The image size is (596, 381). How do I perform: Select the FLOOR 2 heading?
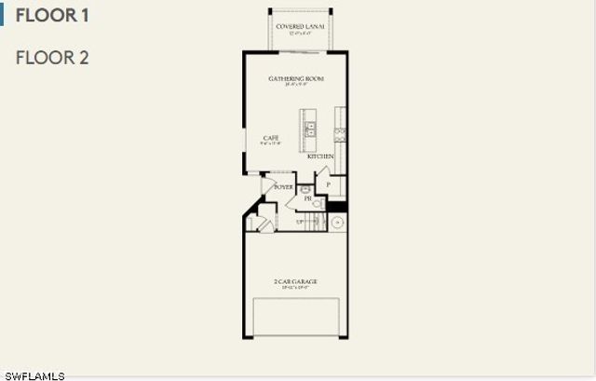point(52,58)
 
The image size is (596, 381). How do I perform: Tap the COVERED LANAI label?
point(301,27)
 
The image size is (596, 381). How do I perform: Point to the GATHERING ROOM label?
point(296,79)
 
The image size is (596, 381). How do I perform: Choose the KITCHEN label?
point(320,156)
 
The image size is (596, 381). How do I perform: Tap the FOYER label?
point(283,187)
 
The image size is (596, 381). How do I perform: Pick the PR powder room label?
point(307,198)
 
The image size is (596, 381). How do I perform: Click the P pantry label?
point(328,185)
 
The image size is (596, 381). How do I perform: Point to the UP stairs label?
point(301,222)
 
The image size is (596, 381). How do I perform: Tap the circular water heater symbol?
point(337,223)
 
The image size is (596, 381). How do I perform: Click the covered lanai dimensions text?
point(301,33)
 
